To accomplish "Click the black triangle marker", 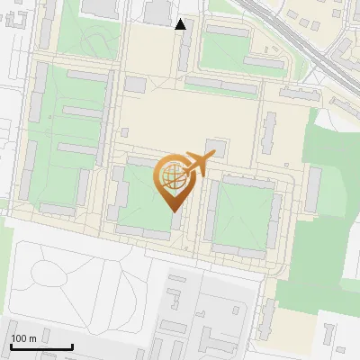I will [181, 24].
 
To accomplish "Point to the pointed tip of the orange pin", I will [173, 211].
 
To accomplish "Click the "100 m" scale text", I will [23, 338].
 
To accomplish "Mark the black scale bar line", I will [41, 347].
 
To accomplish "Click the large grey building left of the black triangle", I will [157, 11].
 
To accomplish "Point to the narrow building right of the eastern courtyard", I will [313, 189].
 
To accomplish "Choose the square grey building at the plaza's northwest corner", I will [135, 84].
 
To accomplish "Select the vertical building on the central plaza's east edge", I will [269, 130].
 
